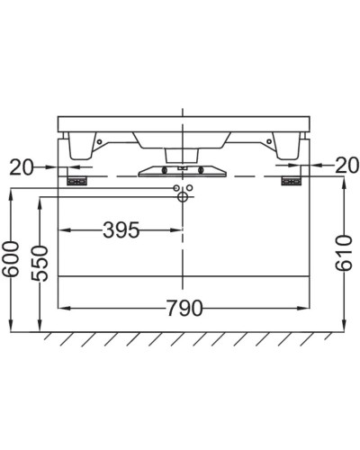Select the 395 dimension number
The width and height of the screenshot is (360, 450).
click(x=121, y=230)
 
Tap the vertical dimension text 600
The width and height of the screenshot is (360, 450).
click(x=10, y=261)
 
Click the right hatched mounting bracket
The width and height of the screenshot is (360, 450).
click(x=291, y=182)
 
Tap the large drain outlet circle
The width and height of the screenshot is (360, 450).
click(x=183, y=197)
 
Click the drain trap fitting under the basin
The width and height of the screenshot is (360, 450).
click(x=183, y=169)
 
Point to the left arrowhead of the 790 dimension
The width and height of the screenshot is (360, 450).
click(x=63, y=309)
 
